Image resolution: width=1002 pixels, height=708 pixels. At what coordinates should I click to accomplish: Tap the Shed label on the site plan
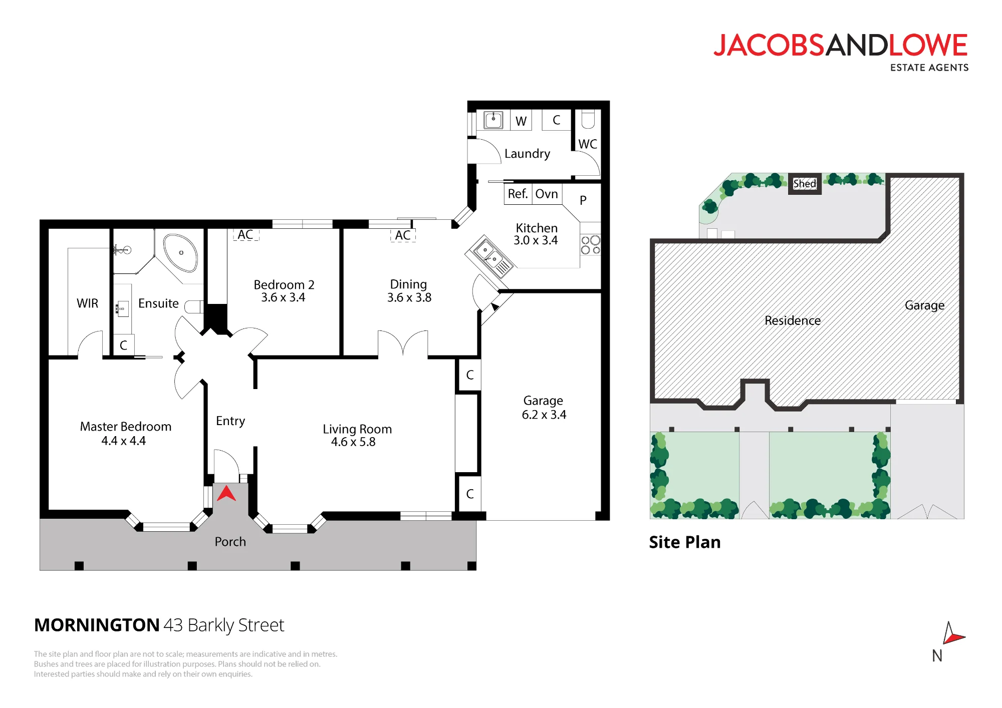click(x=805, y=184)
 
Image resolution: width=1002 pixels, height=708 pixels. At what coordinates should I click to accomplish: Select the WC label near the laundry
click(x=588, y=144)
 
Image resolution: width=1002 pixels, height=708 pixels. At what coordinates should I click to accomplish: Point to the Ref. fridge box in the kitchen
click(x=518, y=194)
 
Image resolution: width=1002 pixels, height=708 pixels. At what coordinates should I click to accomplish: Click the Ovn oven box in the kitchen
click(x=547, y=194)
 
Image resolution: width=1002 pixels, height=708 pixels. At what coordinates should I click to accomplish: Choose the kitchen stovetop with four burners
click(x=591, y=245)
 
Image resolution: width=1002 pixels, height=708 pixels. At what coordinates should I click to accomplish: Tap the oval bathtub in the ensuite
click(x=180, y=252)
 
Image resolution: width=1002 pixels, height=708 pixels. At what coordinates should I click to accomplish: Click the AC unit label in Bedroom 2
click(x=245, y=235)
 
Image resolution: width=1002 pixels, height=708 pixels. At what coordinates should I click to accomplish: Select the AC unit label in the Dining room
click(x=403, y=235)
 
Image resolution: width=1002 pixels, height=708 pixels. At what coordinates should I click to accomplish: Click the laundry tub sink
click(x=493, y=120)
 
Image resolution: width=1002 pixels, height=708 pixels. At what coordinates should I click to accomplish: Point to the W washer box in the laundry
click(x=521, y=121)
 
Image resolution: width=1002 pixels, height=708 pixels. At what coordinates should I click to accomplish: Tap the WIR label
click(x=88, y=303)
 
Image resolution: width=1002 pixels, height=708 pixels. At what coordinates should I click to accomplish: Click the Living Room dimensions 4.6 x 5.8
click(x=353, y=442)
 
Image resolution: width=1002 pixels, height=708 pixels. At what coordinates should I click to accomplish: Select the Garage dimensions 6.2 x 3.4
click(x=544, y=415)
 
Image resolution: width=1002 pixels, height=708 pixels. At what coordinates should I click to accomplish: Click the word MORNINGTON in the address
click(x=97, y=625)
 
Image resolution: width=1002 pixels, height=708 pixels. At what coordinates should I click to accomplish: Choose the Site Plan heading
click(x=685, y=542)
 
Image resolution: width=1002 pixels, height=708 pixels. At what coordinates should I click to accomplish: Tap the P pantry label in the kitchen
click(x=583, y=200)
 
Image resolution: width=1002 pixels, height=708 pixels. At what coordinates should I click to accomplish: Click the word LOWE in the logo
click(x=928, y=45)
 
